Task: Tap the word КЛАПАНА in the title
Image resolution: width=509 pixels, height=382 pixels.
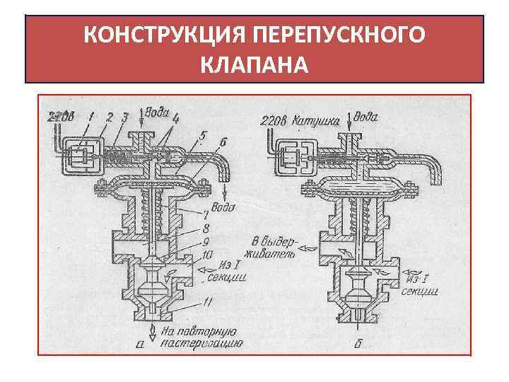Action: click(x=255, y=66)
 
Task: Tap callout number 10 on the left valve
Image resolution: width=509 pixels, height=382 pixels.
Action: click(x=208, y=256)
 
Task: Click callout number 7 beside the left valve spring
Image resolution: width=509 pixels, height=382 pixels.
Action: click(x=205, y=213)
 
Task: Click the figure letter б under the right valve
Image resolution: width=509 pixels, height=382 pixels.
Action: click(x=363, y=344)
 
